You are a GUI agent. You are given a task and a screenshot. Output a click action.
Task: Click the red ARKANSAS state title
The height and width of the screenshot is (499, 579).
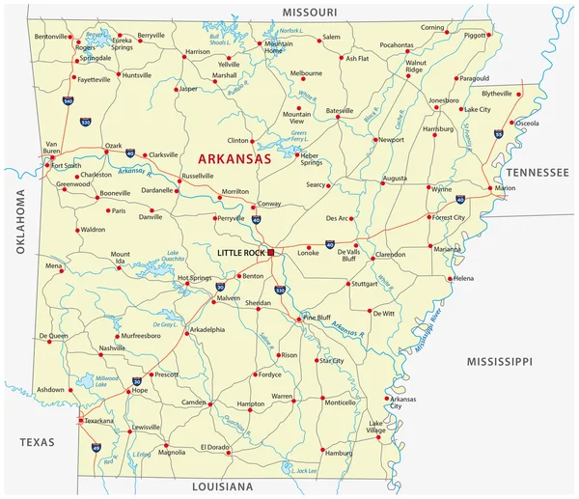pos(234,158)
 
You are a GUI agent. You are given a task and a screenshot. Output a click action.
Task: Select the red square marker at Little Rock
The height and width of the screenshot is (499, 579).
pos(272,252)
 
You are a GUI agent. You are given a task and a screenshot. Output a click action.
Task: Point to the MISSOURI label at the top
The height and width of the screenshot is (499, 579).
pos(309,12)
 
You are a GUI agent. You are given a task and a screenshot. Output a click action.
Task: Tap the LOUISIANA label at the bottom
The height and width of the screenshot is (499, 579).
pos(222,486)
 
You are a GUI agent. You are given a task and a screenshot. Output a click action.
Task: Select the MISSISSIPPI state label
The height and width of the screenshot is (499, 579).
pos(499,361)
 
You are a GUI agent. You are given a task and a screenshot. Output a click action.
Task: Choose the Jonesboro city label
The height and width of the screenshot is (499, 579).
pos(444,100)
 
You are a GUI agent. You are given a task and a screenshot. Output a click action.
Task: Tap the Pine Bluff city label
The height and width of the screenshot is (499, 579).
pos(318,317)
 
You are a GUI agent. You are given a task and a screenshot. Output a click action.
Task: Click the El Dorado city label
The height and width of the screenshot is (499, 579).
pos(214,447)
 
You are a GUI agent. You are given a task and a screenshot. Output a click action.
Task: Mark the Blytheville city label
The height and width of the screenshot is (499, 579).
pos(498,94)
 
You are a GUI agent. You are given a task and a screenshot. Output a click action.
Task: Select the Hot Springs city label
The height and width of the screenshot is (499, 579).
pos(194,278)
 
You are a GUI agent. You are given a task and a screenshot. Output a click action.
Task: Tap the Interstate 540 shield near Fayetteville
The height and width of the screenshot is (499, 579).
pos(68,100)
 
